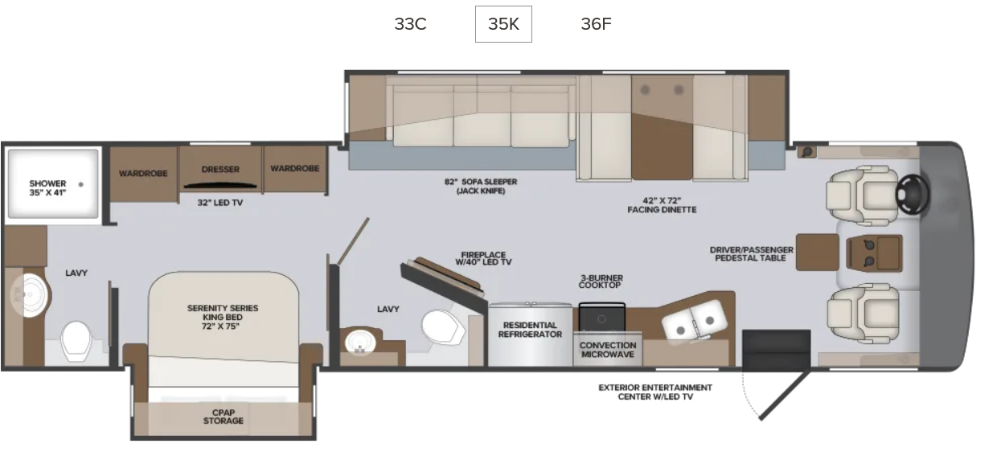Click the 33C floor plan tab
pos(410,24)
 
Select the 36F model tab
pos(596,24)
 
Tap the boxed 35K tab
pos(503,24)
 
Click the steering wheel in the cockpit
pos(913,195)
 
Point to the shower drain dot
pos(80,184)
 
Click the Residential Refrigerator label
pos(530,330)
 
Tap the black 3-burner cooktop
pos(601,317)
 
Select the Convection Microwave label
pos(608,350)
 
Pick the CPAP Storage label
pos(223,417)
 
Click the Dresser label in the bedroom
pos(220,169)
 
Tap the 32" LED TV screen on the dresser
pos(219,186)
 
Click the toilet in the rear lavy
pos(76,341)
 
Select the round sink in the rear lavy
pos(29,295)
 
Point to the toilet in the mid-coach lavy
pos(443,327)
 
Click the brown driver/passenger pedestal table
pos(818,252)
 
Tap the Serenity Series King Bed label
pos(223,317)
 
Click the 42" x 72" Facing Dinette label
pos(662,205)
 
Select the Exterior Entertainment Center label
pos(655,392)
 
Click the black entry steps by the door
pos(776,350)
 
